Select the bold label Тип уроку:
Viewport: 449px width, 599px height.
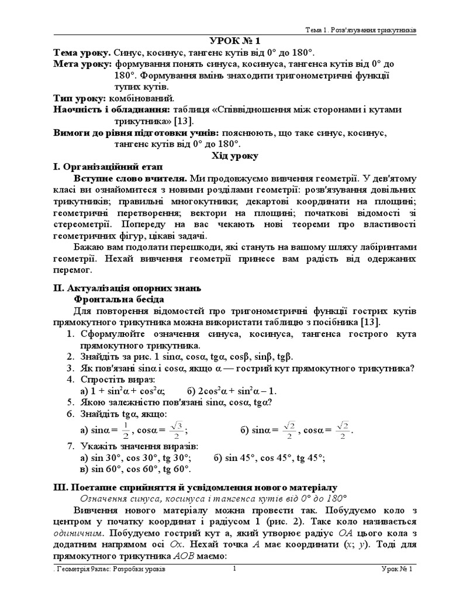click(x=79, y=98)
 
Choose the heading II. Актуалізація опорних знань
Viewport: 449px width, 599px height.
click(x=127, y=288)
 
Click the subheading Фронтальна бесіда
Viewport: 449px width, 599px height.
click(x=117, y=299)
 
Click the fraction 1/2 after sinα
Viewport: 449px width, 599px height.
click(x=125, y=431)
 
